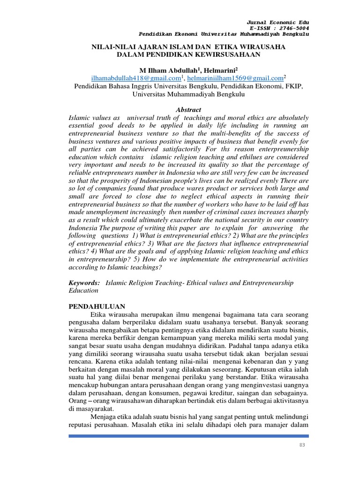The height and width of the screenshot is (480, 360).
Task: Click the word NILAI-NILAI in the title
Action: (x=111, y=47)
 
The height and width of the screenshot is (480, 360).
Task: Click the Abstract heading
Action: (x=188, y=109)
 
